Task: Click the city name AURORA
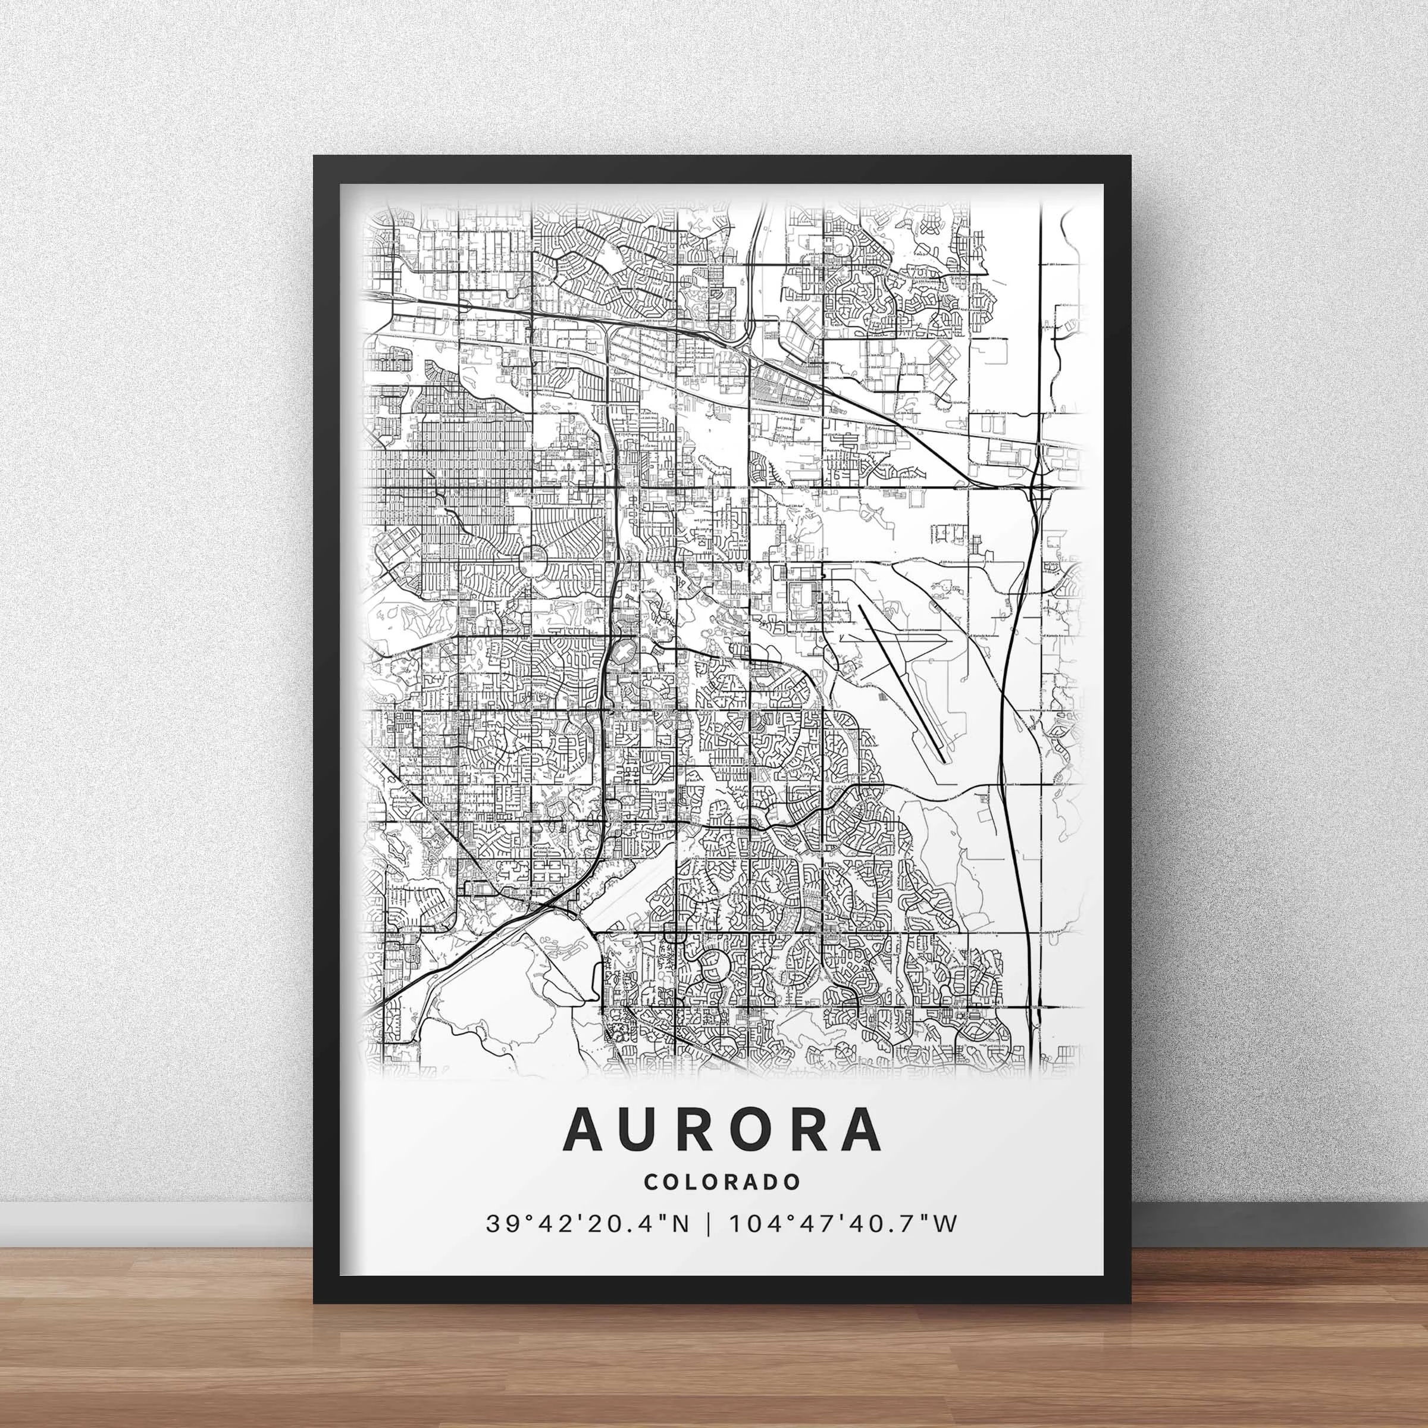(722, 1150)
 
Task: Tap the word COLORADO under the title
(722, 1202)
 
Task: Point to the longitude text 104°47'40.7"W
(843, 1245)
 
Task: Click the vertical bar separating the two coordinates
(710, 1245)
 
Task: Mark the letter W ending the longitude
(945, 1245)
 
